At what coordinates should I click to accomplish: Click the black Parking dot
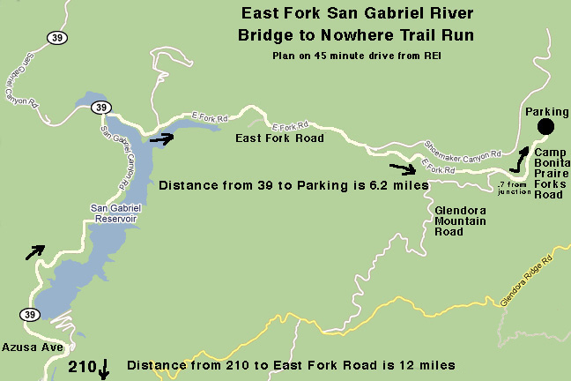tap(545, 128)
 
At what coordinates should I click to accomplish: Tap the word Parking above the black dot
tap(546, 112)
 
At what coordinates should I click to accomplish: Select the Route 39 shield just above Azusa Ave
tap(32, 315)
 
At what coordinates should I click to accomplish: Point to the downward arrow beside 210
tap(105, 368)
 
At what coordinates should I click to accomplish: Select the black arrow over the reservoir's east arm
tap(162, 137)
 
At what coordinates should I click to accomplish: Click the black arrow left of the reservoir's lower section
tap(33, 252)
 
